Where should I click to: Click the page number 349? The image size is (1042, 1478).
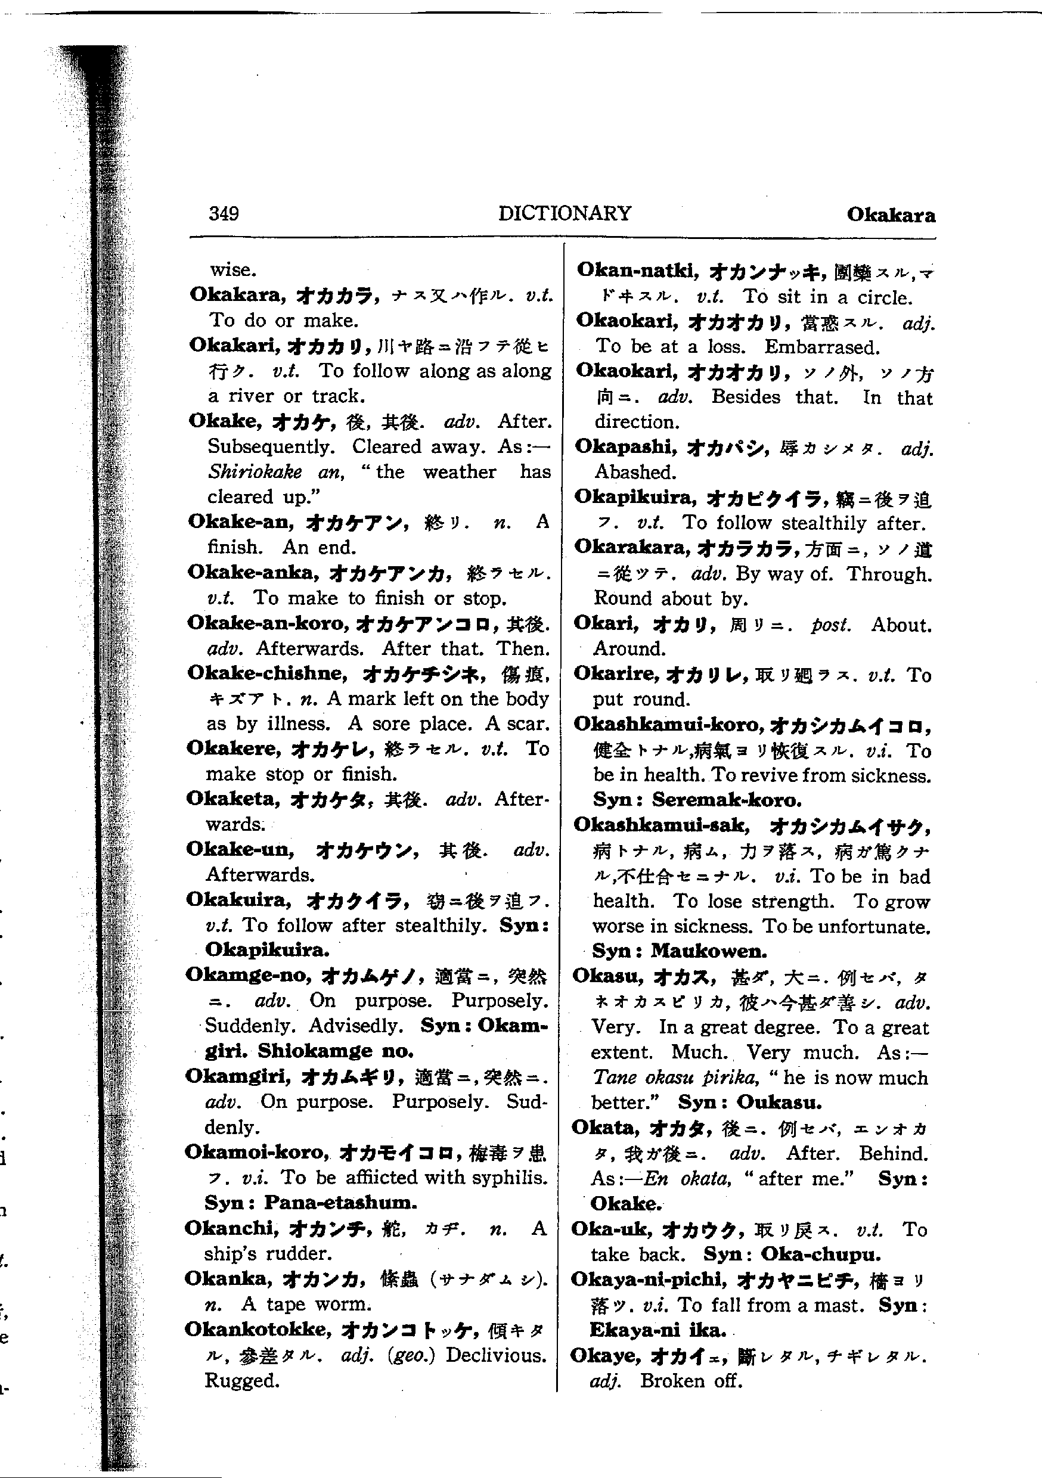[224, 213]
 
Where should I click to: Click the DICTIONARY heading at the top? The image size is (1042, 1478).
[565, 213]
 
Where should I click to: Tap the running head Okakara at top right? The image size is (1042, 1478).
[891, 215]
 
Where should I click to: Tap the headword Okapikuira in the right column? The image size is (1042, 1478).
[635, 497]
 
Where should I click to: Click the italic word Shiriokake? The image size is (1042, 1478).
[255, 472]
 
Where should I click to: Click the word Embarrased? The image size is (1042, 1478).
[822, 347]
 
